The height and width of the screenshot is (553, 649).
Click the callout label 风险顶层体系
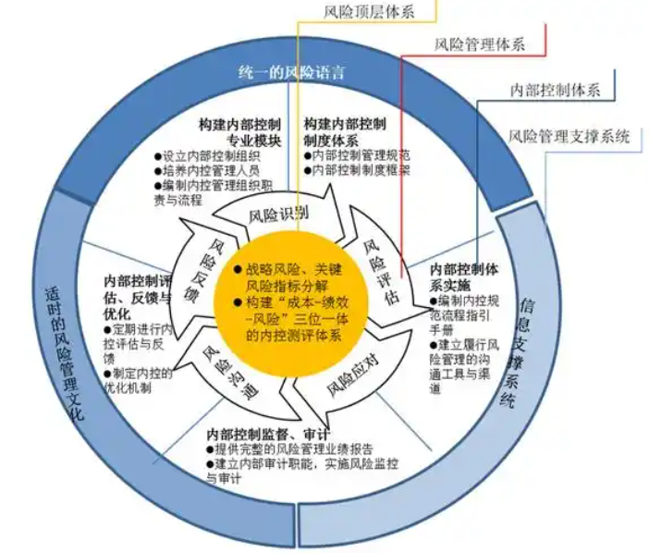coord(369,12)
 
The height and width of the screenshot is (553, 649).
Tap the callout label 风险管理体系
coord(479,44)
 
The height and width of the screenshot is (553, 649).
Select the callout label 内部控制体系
coord(555,90)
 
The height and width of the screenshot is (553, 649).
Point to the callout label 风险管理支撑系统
coord(569,136)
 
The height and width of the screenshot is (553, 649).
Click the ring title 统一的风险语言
coord(292,72)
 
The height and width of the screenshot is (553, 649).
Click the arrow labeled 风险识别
coord(278,215)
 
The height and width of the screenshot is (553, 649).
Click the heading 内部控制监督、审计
coord(268,435)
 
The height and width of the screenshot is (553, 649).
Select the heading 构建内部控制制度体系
coord(345,132)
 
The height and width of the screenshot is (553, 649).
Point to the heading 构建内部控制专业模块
coord(240,132)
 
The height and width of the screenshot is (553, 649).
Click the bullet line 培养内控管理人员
coord(207,170)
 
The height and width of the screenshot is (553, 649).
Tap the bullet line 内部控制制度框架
coord(357,170)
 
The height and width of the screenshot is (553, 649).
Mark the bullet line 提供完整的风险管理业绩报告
coord(289,449)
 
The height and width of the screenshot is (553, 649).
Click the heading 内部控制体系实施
coord(464,277)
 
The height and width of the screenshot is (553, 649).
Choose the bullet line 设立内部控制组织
coord(207,156)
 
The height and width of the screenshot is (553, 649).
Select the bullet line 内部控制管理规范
coord(357,155)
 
